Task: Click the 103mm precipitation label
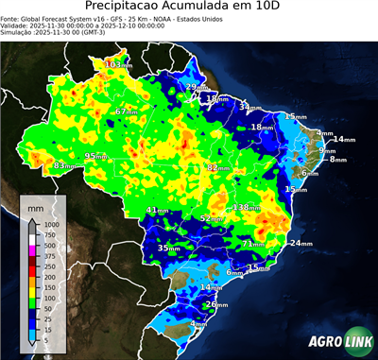point(117,64)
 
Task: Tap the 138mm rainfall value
point(247,207)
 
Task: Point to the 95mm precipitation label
point(97,156)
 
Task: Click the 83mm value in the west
point(64,165)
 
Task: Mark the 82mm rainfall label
point(218,167)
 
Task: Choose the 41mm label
point(159,210)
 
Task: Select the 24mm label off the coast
point(300,243)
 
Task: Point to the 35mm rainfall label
point(168,248)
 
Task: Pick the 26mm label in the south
point(216,304)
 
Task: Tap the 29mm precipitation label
point(196,87)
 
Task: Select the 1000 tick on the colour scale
point(51,224)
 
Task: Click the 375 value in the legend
point(49,256)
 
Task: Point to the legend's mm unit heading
point(36,205)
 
